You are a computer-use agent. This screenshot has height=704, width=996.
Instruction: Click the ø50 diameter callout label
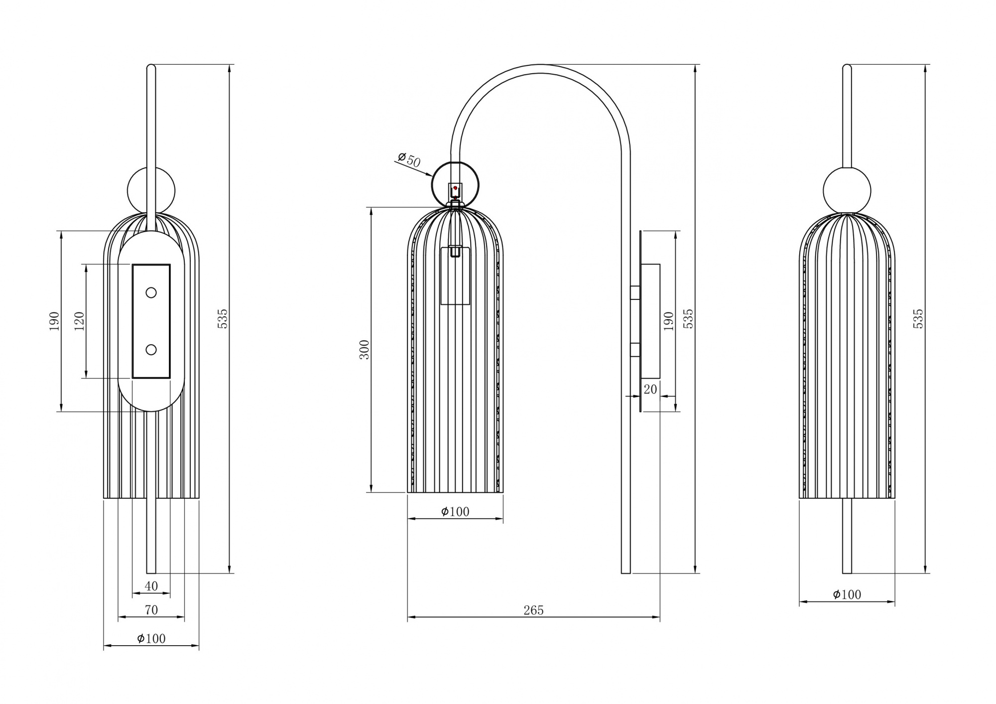click(x=409, y=159)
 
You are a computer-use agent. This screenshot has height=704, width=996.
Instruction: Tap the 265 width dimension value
click(x=533, y=610)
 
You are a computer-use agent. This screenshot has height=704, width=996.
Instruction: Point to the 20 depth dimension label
click(x=650, y=389)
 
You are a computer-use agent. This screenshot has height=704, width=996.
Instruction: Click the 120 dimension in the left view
click(x=79, y=321)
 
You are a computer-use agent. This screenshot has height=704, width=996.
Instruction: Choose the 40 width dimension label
click(x=151, y=586)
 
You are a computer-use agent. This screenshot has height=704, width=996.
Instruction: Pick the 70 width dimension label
click(x=151, y=610)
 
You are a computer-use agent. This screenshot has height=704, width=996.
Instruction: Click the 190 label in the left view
click(x=54, y=321)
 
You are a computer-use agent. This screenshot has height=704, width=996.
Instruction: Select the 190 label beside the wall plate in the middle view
click(x=669, y=321)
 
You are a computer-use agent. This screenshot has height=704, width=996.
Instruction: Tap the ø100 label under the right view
click(x=847, y=594)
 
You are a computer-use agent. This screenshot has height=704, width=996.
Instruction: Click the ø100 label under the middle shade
click(x=455, y=511)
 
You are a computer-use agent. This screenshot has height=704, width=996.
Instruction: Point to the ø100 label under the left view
click(x=151, y=638)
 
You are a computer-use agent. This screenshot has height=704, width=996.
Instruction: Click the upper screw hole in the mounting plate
click(x=151, y=292)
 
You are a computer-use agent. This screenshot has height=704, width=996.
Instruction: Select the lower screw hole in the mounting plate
click(x=151, y=350)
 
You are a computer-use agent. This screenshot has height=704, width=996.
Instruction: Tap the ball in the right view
click(x=847, y=191)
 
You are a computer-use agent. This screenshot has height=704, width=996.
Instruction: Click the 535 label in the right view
click(x=918, y=318)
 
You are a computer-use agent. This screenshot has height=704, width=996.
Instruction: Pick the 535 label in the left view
click(x=223, y=318)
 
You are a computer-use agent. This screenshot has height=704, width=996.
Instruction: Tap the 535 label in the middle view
click(x=688, y=318)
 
